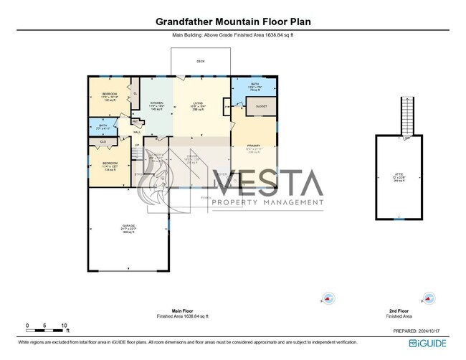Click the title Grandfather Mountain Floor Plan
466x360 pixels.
[x=233, y=22]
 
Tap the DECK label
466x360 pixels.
[x=201, y=62]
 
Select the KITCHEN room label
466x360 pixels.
[x=156, y=103]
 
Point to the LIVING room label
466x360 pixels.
[x=197, y=103]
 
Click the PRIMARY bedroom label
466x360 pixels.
[x=253, y=146]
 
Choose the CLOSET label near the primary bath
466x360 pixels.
[x=261, y=107]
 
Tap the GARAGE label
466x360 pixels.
[x=128, y=226]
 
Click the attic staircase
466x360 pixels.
[x=408, y=114]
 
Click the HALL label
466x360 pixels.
[x=137, y=132]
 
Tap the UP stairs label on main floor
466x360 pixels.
[x=136, y=146]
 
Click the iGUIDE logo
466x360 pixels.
[x=428, y=344]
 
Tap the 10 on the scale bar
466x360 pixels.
[x=65, y=326]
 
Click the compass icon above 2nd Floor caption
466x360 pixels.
[x=429, y=298]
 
